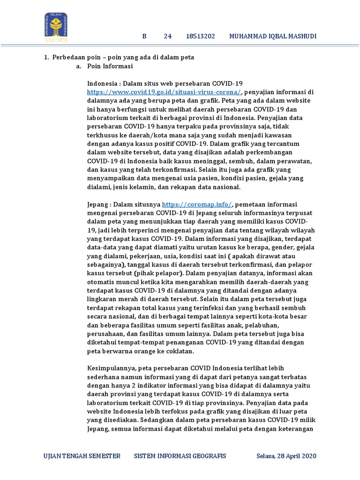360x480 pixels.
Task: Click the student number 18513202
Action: pos(201,37)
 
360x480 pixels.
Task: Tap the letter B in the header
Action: pos(144,37)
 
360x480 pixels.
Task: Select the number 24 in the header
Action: pos(168,37)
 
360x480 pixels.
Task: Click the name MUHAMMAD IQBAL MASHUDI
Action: pos(273,37)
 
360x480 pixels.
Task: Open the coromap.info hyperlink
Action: pos(197,204)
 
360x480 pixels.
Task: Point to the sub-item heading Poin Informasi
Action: pos(103,66)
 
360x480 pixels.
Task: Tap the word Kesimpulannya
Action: pos(111,367)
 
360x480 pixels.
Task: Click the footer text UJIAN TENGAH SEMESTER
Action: pos(82,456)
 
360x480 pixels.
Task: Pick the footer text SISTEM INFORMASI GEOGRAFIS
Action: pos(180,456)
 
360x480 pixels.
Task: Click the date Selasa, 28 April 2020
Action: pos(286,456)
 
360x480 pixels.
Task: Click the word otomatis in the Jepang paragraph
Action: pos(101,283)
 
